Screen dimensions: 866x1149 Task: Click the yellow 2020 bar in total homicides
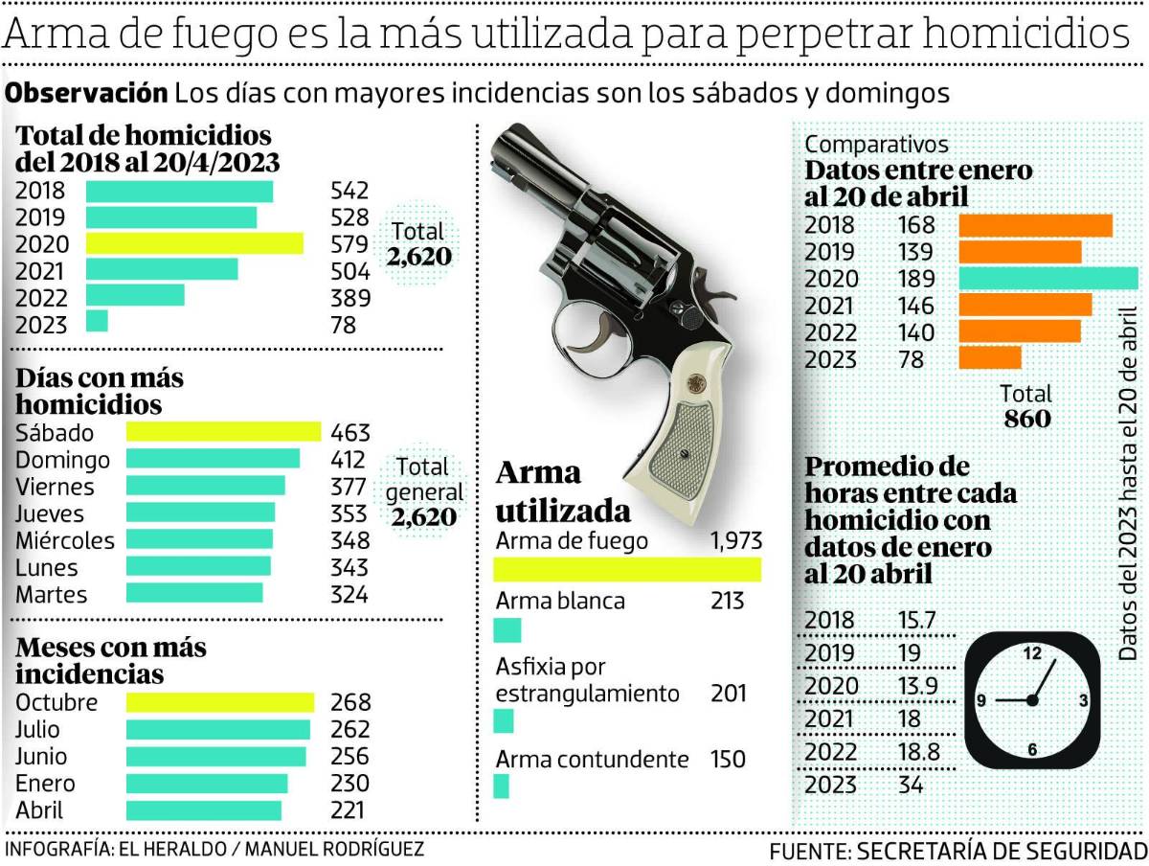tap(194, 243)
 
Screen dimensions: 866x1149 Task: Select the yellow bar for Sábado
tap(223, 432)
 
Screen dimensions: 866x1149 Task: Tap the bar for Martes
tap(194, 593)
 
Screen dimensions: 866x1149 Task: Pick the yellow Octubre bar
tap(220, 702)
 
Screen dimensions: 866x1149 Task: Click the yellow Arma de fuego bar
tap(627, 570)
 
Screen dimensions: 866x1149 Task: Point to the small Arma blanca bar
tap(507, 630)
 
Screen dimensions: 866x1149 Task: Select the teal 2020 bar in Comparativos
tap(1048, 279)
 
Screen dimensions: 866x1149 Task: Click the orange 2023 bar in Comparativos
tap(990, 357)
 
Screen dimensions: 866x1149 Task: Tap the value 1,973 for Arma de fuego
tap(735, 541)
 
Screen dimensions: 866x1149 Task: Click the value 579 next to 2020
tap(349, 244)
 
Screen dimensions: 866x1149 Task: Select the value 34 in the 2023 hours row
tap(911, 785)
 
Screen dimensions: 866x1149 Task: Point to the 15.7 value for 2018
tap(916, 620)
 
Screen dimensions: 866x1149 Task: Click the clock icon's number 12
tap(1032, 654)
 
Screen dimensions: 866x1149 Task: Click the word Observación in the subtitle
tap(87, 93)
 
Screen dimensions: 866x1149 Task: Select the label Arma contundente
tap(592, 760)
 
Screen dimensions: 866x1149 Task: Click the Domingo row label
tap(62, 460)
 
